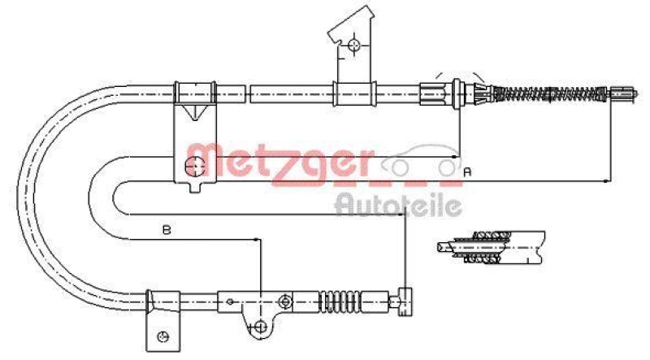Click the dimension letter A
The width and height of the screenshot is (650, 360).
coord(467,172)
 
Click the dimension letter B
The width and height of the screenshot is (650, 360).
coord(165,231)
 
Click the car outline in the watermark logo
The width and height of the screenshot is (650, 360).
coord(418,161)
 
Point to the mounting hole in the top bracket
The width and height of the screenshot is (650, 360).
coord(354,46)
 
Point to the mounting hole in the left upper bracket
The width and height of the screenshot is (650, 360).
coord(194,167)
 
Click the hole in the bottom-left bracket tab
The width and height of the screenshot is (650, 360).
coord(162,336)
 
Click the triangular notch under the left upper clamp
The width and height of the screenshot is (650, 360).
coord(194,114)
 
